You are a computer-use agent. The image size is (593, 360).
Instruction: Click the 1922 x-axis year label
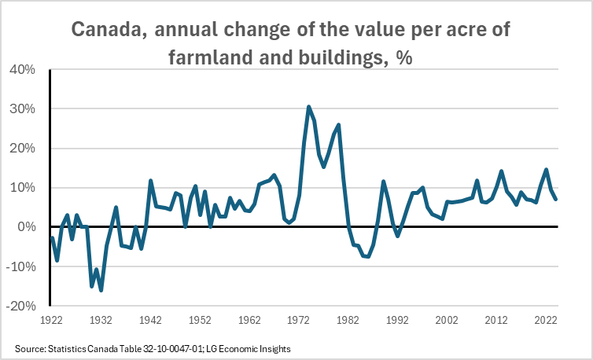(52, 321)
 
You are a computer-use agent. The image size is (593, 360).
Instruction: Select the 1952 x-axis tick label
(200, 321)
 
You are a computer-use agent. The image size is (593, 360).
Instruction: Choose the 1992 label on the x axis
(397, 321)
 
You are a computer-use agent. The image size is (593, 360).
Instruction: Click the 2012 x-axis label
(496, 321)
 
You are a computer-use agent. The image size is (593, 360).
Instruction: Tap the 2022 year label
(546, 321)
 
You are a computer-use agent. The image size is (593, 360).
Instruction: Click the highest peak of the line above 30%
(309, 107)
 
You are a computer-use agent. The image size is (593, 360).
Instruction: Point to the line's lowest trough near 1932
(101, 290)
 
